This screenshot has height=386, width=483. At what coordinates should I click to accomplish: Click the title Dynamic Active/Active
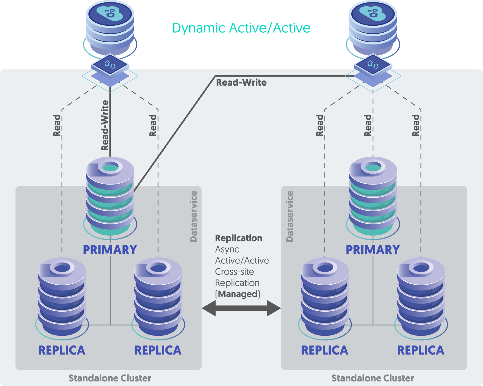(241, 28)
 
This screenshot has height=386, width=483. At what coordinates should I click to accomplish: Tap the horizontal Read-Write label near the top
(241, 83)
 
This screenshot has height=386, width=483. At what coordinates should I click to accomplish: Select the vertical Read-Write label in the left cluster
(105, 125)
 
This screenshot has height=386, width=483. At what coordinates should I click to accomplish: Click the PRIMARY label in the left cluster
(110, 250)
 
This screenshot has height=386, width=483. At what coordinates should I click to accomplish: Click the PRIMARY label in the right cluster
(373, 250)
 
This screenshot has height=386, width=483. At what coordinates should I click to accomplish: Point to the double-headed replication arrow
(241, 308)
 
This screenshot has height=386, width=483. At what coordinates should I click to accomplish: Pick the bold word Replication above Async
(238, 238)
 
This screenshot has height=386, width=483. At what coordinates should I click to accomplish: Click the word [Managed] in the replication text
(238, 294)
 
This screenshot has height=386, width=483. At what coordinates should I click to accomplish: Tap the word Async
(227, 250)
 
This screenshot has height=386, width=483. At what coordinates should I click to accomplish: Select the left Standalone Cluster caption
(110, 378)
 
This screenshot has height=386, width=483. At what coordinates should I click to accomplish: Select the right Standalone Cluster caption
(373, 378)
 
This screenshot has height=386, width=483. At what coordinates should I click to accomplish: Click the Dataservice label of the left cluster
(194, 216)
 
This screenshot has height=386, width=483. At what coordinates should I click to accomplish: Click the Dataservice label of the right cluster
(289, 216)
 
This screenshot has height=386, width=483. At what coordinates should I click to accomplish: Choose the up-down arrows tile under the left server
(110, 64)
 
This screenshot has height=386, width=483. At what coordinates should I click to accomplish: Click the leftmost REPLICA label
(62, 350)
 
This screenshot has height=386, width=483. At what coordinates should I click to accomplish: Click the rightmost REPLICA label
(421, 350)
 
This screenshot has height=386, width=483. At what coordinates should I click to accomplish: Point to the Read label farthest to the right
(416, 125)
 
